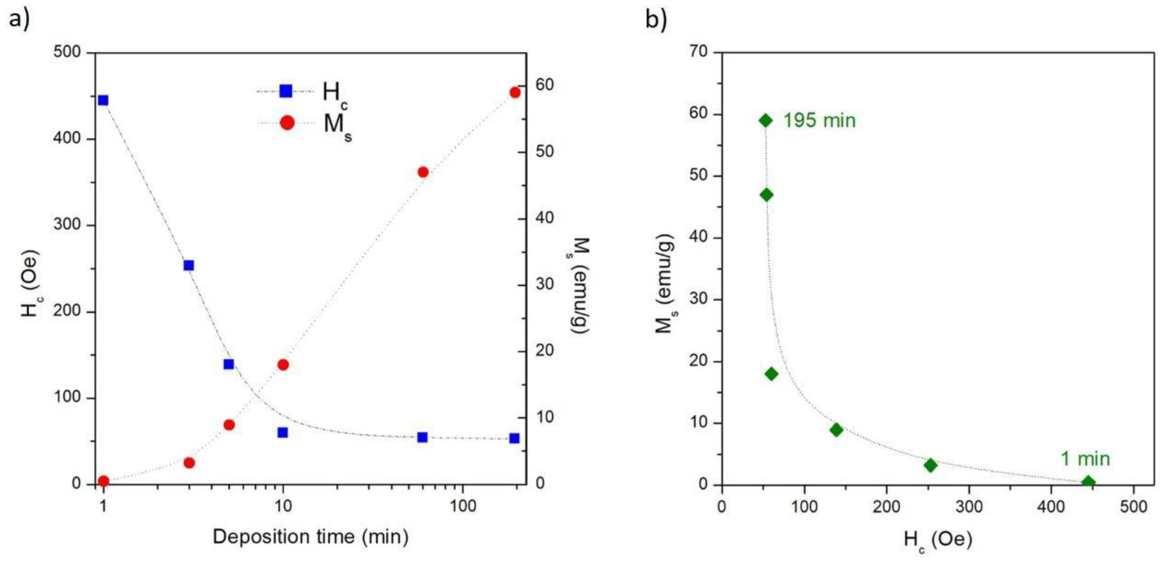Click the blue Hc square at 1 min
(x=103, y=100)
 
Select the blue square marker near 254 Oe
(x=189, y=265)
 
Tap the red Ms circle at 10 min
(x=283, y=365)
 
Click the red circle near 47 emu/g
(x=423, y=172)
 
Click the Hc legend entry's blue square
(x=286, y=91)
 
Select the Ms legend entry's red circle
(x=287, y=122)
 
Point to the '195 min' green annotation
(x=819, y=121)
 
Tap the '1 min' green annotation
(x=1085, y=459)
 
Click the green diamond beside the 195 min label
(x=766, y=120)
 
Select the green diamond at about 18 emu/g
(x=771, y=374)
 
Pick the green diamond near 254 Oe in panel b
(x=930, y=466)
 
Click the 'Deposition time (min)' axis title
(x=310, y=537)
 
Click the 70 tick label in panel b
(x=699, y=52)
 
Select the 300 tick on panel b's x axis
(x=969, y=507)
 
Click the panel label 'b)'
(x=656, y=19)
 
